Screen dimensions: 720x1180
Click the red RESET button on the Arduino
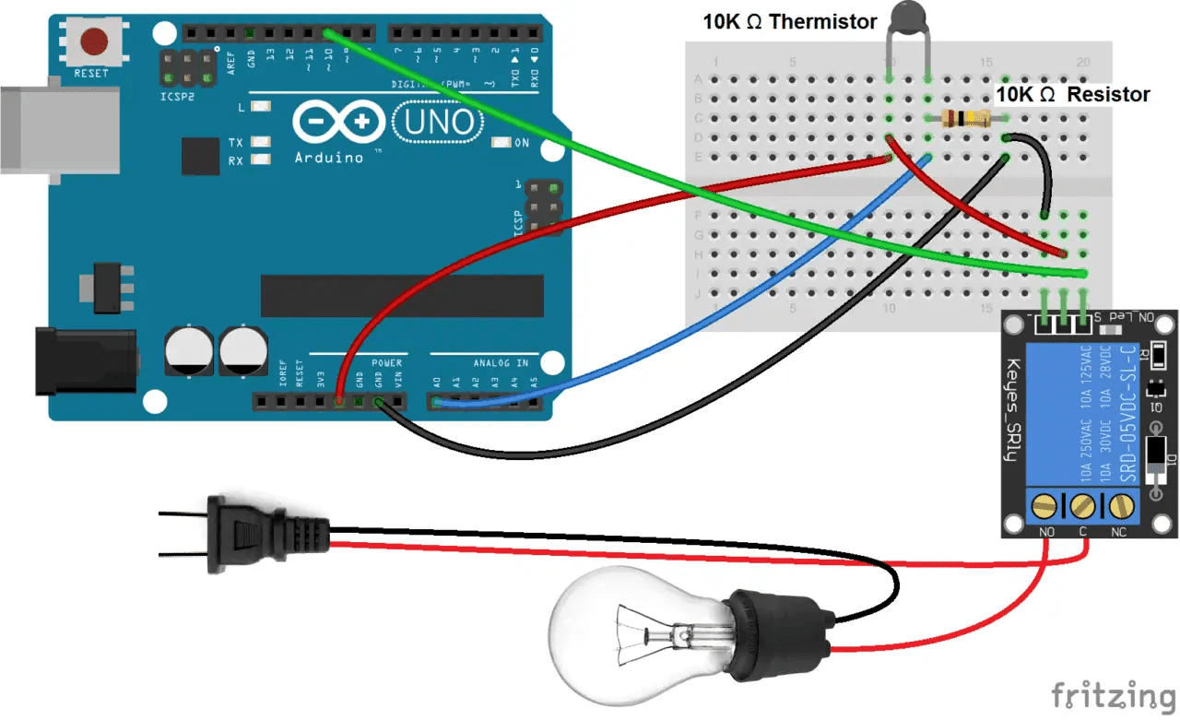pos(93,41)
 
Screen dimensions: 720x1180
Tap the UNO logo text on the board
pos(439,122)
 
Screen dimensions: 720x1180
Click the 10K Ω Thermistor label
pos(789,22)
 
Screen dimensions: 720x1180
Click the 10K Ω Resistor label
pos(1074,95)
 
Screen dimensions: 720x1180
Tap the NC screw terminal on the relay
pos(1121,505)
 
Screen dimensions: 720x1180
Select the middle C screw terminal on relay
pos(1083,505)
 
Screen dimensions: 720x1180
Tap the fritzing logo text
pos(1115,693)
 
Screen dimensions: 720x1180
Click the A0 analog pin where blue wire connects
pos(436,402)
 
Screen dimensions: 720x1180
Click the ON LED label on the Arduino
pos(521,143)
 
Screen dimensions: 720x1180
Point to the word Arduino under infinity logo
pos(329,157)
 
